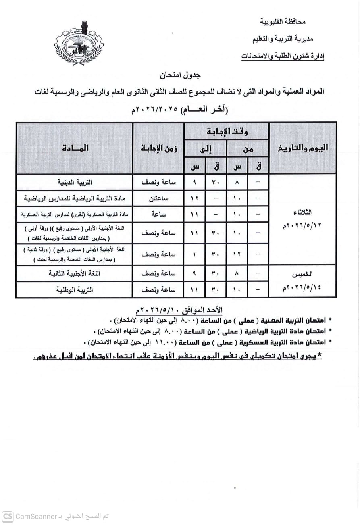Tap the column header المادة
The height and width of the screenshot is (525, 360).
(75, 148)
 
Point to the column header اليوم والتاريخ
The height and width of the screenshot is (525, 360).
(303, 148)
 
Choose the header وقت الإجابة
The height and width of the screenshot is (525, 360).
(227, 131)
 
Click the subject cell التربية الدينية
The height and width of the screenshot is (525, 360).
(75, 182)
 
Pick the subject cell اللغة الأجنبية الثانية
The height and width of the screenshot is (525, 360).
(75, 273)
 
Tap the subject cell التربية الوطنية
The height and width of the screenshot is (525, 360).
(75, 290)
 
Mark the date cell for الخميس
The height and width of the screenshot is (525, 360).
(303, 281)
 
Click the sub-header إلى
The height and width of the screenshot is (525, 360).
(206, 149)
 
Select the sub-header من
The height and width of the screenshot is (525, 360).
(248, 149)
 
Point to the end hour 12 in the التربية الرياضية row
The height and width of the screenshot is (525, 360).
(194, 198)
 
